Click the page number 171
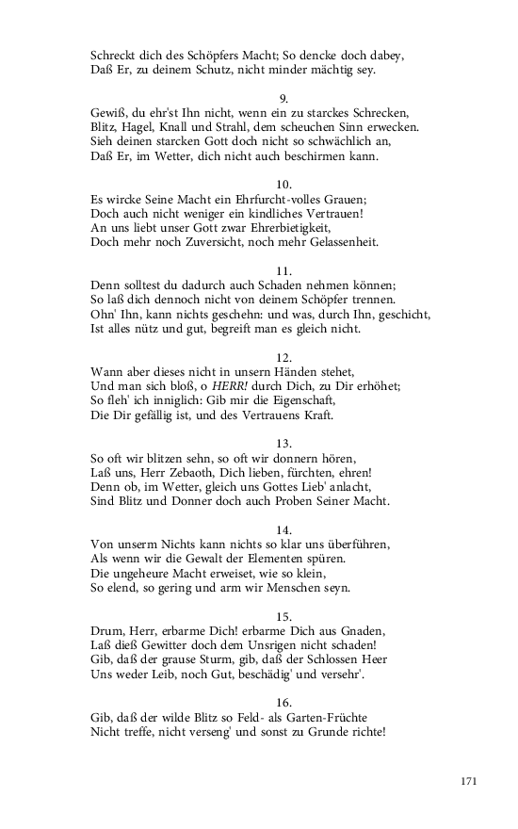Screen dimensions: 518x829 click(471, 781)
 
